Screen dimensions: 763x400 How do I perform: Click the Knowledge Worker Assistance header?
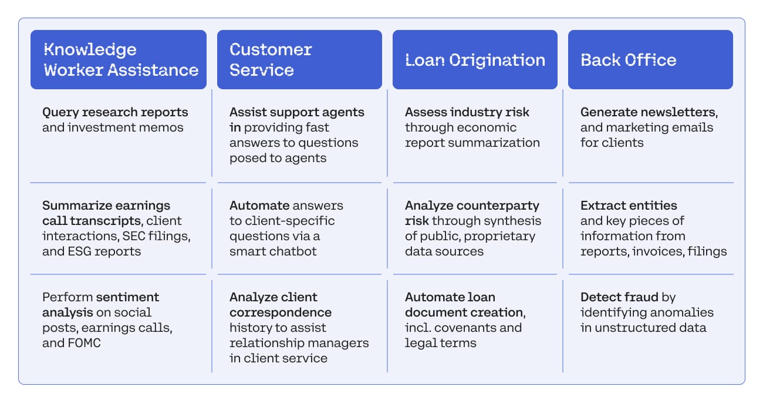(118, 60)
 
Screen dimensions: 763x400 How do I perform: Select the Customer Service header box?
(299, 60)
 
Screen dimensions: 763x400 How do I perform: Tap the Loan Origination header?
(475, 60)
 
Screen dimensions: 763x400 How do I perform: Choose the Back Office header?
(650, 60)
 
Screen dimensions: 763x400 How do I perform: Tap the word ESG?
(80, 251)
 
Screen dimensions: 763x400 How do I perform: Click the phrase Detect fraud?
(619, 297)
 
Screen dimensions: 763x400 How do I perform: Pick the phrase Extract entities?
(629, 205)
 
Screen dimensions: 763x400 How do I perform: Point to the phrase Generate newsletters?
(649, 112)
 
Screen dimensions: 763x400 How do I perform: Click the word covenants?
(465, 328)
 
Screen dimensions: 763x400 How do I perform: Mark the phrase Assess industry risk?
(467, 112)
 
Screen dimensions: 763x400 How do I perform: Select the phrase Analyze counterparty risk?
(472, 213)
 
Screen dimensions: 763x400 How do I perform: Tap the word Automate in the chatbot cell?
(259, 205)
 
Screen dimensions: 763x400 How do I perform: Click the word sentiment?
(127, 297)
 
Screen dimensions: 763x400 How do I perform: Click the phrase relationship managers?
(299, 343)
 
